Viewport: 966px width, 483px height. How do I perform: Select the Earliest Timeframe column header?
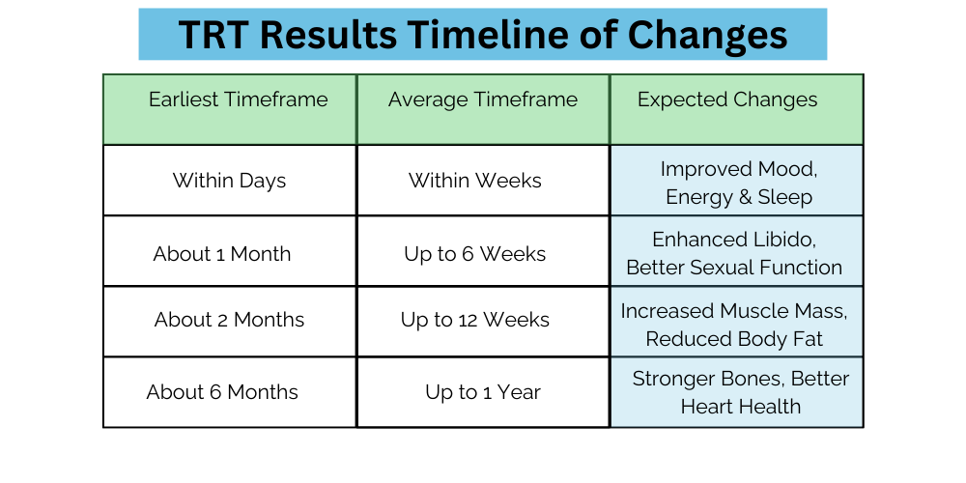pos(239,99)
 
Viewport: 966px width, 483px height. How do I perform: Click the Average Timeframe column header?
pos(483,99)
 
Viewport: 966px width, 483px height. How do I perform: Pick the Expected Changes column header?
pos(727,99)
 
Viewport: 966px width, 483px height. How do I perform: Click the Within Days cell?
pos(229,181)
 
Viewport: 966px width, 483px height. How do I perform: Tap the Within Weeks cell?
pos(475,181)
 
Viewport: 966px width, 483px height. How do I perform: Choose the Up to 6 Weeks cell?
pos(475,253)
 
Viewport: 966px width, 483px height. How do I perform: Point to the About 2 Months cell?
pos(229,320)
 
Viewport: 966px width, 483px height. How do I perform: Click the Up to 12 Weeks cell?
pos(475,320)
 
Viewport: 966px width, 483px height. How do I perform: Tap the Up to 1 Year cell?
pos(483,392)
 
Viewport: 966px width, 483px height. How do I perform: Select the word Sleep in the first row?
pos(784,197)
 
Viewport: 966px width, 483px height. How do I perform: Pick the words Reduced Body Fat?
pos(734,339)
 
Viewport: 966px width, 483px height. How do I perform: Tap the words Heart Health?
pos(741,407)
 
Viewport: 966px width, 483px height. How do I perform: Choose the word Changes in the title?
pos(707,36)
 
